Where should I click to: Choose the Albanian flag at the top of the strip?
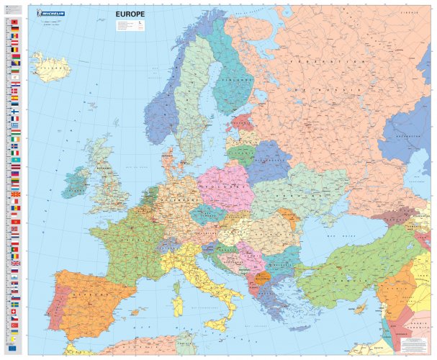[x=15, y=24]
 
